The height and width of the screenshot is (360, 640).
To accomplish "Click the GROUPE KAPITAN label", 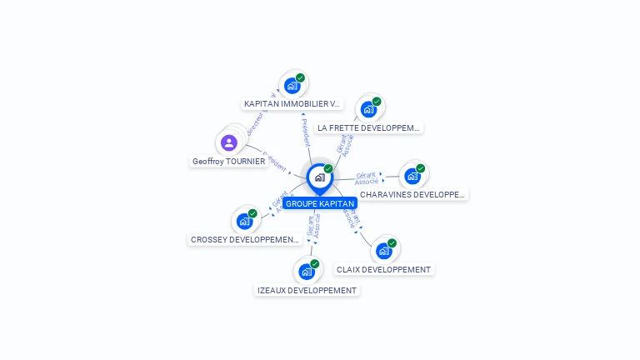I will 320,203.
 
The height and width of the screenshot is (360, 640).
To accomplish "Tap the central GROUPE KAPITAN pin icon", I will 318,177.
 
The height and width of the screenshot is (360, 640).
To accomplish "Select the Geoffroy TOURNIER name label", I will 229,162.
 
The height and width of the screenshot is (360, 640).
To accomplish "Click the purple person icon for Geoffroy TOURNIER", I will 229,142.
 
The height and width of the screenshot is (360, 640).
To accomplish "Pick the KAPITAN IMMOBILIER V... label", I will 292,104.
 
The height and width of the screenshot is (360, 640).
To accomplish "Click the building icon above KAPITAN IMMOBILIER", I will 292,85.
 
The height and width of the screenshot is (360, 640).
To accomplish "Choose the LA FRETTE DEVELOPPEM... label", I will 370,128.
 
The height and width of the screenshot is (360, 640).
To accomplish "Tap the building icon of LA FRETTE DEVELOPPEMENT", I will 367,109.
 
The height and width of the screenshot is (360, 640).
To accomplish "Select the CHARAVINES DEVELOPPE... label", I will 412,195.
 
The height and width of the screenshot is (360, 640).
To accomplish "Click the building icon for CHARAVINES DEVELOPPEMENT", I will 412,176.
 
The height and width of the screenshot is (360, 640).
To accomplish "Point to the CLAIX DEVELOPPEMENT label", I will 384,270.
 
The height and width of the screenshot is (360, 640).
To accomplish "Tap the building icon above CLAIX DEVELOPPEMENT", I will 383,250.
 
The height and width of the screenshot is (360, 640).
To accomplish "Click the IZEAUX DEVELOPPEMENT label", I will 307,291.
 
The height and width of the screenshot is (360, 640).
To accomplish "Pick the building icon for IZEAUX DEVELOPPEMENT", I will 306,272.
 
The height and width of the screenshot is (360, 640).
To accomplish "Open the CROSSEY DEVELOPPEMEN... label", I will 244,240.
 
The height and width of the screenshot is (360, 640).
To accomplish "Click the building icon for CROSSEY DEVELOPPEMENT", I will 244,221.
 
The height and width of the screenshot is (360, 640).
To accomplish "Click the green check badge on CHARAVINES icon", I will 421,168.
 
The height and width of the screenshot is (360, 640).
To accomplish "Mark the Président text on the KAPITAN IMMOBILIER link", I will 306,130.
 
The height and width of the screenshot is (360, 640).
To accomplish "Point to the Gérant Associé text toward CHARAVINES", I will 367,178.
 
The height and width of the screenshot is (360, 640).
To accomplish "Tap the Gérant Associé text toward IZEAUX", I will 313,226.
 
